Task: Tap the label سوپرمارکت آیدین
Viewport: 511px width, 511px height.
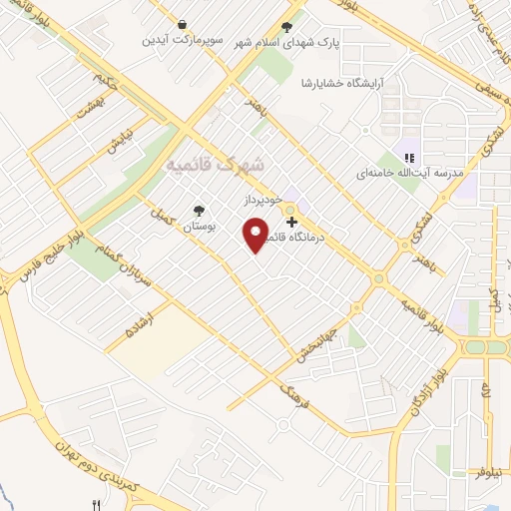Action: [181, 41]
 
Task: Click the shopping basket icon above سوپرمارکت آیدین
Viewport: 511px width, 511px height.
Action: [181, 24]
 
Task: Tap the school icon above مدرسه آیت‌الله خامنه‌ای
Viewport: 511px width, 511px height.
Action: [409, 155]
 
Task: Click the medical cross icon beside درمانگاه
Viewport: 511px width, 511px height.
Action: [291, 221]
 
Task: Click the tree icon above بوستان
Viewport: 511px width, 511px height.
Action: [200, 211]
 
